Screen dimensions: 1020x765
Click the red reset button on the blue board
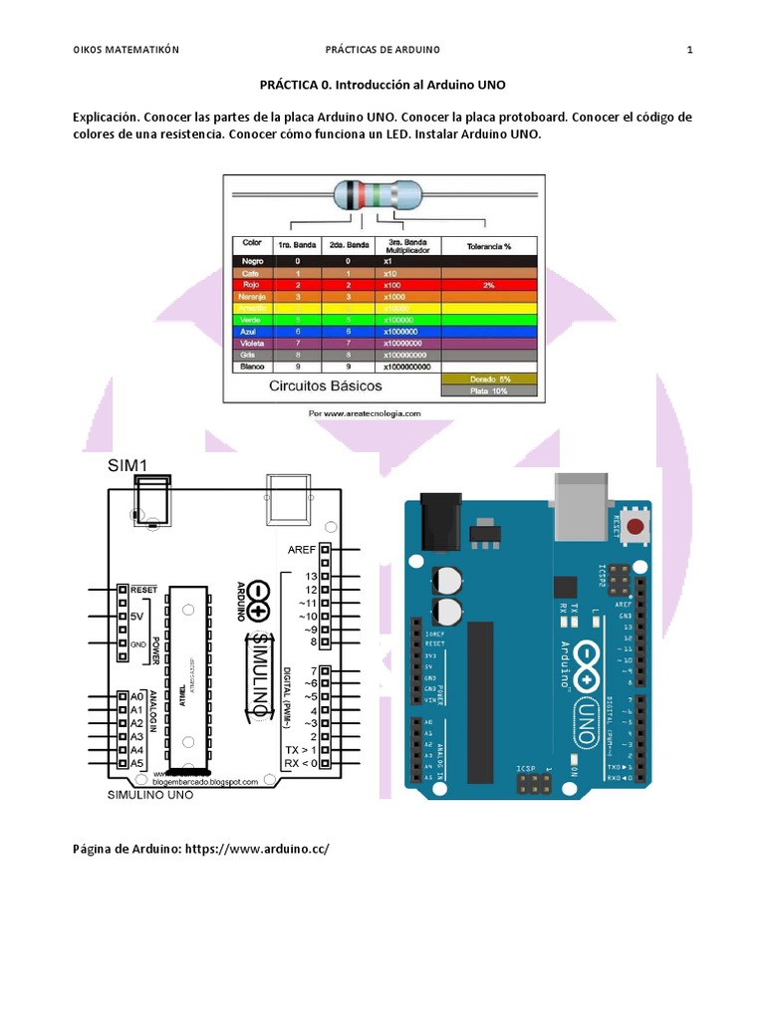coord(634,525)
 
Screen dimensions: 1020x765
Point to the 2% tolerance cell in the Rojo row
coord(488,285)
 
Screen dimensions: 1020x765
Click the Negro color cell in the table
coord(251,261)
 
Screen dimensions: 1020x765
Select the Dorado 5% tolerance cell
coord(489,379)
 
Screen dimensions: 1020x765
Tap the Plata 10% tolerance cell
coord(489,390)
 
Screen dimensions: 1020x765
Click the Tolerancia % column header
coord(488,245)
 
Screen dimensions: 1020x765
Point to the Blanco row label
coord(251,367)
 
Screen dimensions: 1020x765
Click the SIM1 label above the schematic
coord(128,465)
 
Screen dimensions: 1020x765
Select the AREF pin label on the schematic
coord(301,549)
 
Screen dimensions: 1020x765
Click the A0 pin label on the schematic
coord(136,696)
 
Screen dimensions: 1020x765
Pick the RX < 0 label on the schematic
coord(300,763)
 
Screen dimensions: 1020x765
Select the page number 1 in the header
coord(689,50)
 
